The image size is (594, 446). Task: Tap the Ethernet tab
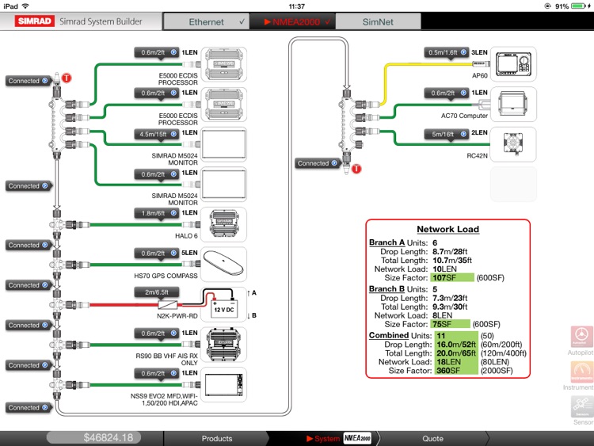click(x=206, y=22)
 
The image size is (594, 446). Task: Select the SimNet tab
click(x=374, y=22)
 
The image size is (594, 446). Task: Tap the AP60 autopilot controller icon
click(x=512, y=63)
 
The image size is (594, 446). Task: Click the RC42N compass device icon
click(x=512, y=143)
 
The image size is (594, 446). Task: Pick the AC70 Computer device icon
click(x=512, y=103)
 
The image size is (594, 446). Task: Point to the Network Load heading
click(x=447, y=229)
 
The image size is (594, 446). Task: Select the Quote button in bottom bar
click(x=432, y=438)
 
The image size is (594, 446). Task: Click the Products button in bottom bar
click(x=217, y=438)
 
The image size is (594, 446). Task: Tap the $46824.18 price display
click(x=109, y=438)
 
